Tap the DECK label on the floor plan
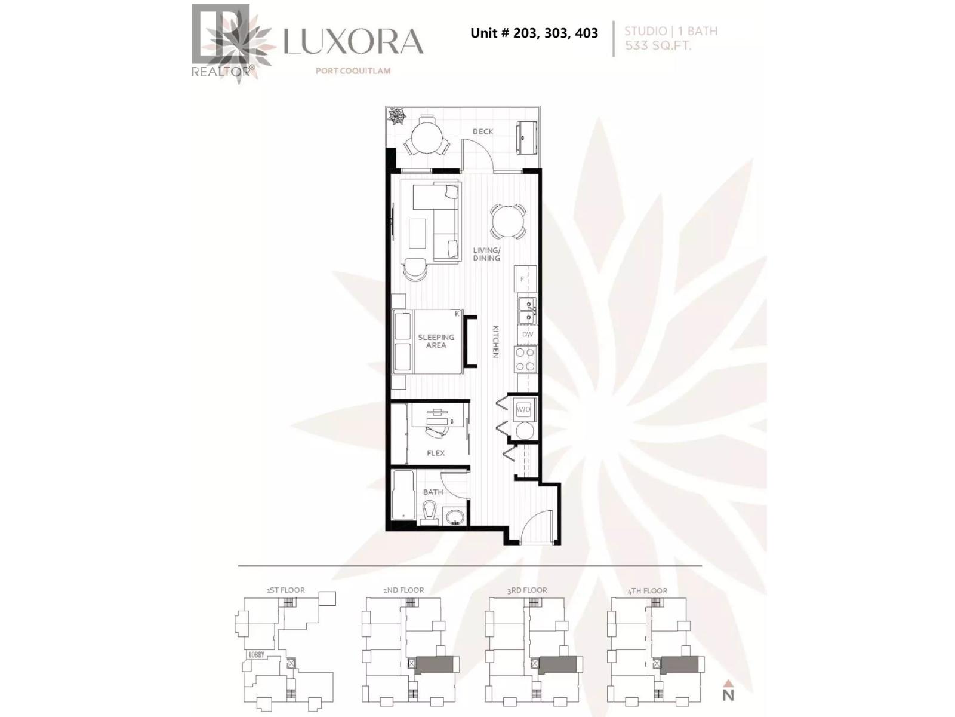click(483, 131)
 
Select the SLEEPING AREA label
click(436, 341)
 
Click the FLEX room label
click(436, 453)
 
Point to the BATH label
click(433, 492)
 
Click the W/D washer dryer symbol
click(523, 409)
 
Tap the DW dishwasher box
click(528, 335)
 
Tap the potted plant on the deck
click(396, 116)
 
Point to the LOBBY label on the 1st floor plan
click(256, 655)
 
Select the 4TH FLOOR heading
click(648, 590)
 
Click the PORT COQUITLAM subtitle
click(353, 71)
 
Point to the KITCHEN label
click(495, 342)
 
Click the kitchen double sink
click(526, 310)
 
